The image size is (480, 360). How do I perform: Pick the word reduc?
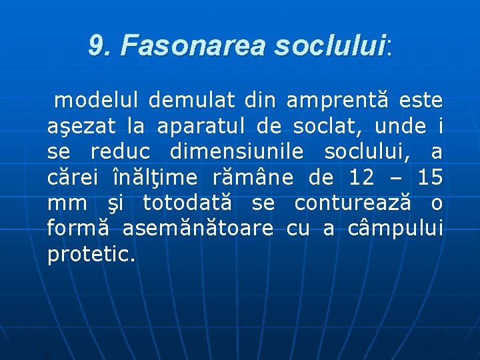123,152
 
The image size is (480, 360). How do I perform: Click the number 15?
430,178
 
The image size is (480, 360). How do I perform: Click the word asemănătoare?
197,229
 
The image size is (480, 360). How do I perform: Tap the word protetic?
91,255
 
